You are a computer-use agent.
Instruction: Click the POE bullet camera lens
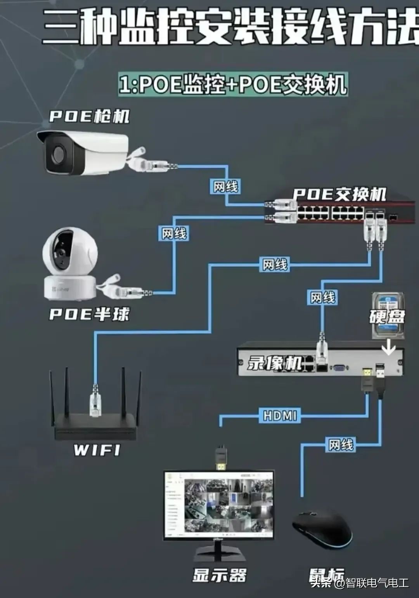coord(59,154)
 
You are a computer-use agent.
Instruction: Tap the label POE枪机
coord(89,116)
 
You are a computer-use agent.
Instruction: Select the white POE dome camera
coord(70,264)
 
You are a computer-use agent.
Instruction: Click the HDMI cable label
coord(280,416)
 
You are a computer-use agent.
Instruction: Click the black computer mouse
coord(322,529)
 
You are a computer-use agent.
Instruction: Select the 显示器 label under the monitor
coord(220,575)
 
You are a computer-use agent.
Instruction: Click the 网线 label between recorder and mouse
coord(341,445)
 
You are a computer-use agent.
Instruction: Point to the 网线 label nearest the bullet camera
coord(225,187)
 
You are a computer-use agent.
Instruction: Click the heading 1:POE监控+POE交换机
coord(233,84)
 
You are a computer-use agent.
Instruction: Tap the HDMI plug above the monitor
coord(221,459)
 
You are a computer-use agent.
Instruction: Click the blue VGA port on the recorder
coord(339,369)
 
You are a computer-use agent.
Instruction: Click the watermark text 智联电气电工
coord(377,583)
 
